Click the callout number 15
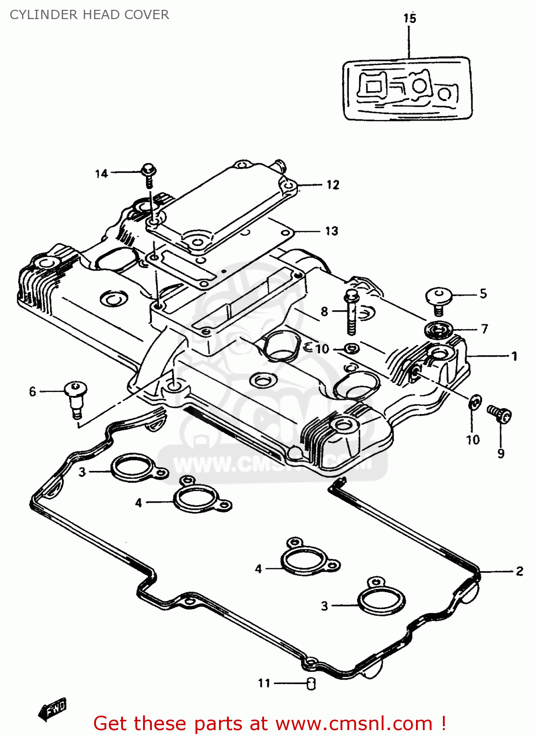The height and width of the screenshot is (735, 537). click(x=410, y=19)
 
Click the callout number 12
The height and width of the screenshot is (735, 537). click(x=333, y=185)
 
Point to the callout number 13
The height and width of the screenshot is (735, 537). click(x=332, y=231)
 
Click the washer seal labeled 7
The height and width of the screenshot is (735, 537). click(x=439, y=330)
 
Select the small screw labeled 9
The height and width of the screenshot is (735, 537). click(x=499, y=414)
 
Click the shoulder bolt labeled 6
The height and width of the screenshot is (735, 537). click(x=75, y=399)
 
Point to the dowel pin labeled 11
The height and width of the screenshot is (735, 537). click(x=311, y=684)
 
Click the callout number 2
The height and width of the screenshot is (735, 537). click(x=519, y=571)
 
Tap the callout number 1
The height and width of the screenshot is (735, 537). click(x=514, y=356)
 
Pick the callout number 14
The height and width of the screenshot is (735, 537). click(x=101, y=174)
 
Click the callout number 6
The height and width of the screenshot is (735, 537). click(x=32, y=392)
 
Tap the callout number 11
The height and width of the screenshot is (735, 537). click(x=264, y=683)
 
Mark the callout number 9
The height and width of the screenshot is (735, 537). click(x=501, y=454)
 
